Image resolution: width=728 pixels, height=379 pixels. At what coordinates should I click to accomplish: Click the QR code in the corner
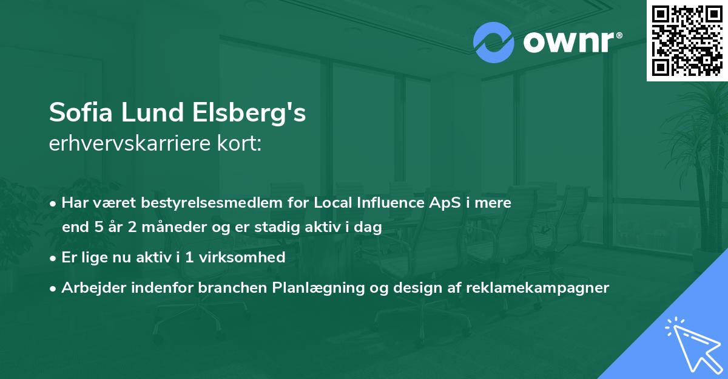(x=687, y=40)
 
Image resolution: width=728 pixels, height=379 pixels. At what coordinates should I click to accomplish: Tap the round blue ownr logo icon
(x=494, y=42)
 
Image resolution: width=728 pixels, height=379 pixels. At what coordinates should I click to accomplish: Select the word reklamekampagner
(x=538, y=288)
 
